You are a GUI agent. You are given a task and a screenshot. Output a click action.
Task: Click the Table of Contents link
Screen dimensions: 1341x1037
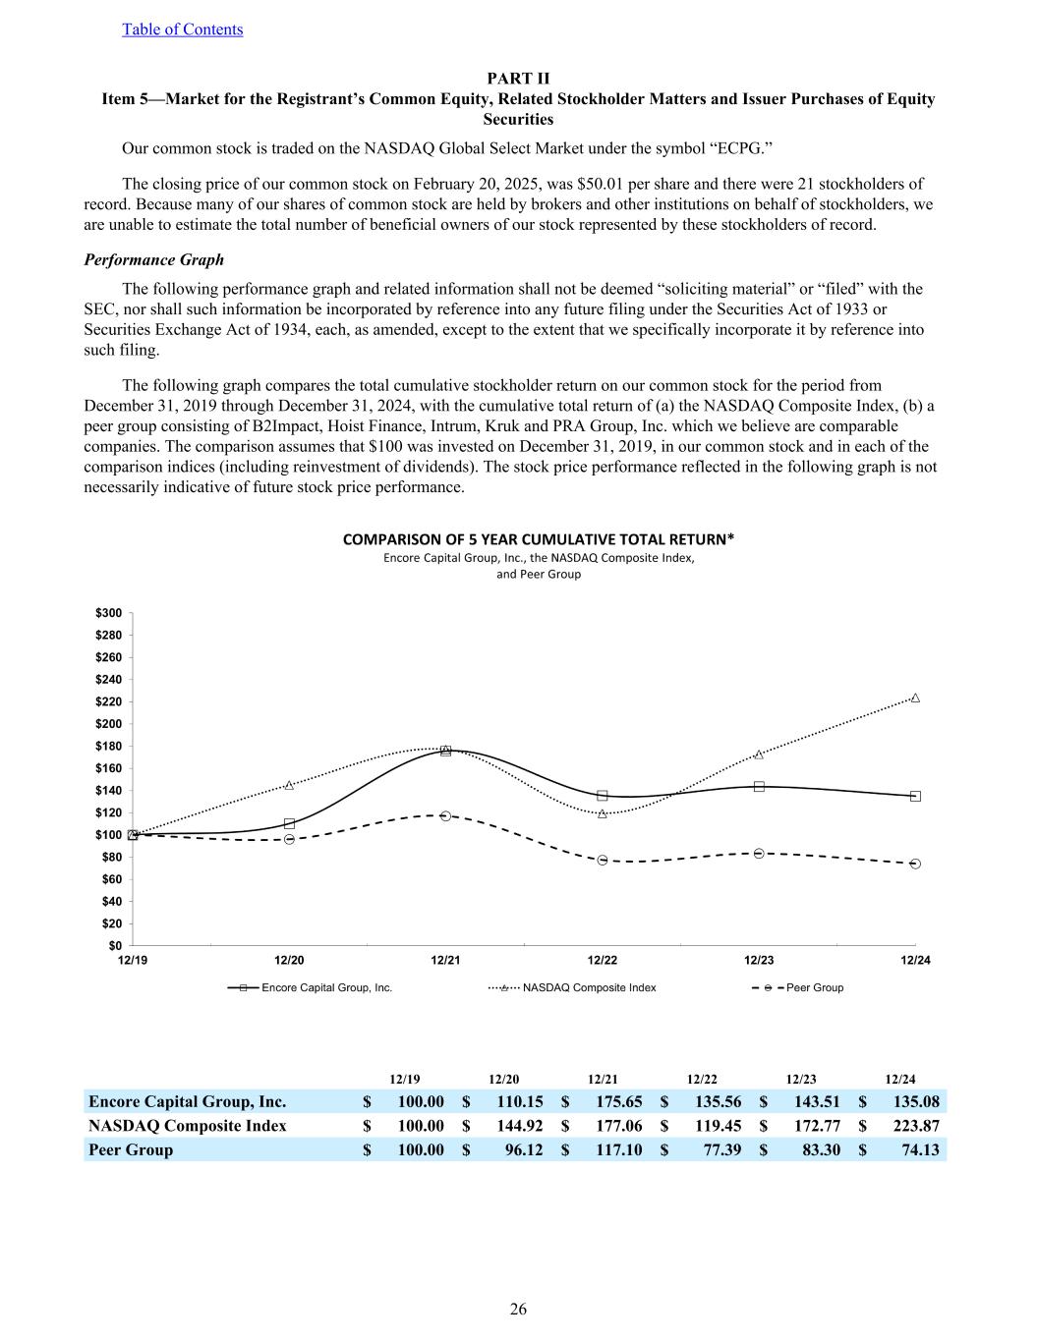pos(182,29)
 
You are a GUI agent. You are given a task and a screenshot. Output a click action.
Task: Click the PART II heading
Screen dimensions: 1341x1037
pos(518,79)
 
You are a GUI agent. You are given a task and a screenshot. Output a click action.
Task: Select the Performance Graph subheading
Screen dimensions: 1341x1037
pos(153,259)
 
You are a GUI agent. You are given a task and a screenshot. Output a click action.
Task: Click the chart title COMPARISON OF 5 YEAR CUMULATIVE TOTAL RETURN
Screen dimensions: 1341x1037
pos(538,539)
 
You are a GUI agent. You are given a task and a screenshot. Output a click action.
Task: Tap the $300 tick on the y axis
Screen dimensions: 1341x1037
pos(109,613)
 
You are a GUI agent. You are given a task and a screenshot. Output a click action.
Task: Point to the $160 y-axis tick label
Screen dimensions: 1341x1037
pos(109,768)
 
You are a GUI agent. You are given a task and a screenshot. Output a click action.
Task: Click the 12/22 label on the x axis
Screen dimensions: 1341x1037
pos(603,960)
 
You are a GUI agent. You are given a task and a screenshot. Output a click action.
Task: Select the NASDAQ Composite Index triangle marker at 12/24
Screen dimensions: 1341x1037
pos(915,698)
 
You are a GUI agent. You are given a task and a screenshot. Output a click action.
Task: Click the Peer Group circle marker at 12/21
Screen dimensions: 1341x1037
pos(445,815)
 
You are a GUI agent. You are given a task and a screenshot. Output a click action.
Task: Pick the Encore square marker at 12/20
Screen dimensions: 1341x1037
pos(289,823)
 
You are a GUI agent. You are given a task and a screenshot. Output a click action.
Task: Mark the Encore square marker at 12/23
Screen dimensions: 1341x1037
pos(759,786)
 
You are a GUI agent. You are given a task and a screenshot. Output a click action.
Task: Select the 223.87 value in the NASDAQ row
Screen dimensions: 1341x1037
pos(913,1126)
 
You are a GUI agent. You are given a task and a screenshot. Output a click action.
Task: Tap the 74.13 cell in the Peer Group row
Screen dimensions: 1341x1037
pos(918,1149)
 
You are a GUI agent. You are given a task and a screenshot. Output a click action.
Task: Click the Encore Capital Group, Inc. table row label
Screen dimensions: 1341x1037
pos(187,1101)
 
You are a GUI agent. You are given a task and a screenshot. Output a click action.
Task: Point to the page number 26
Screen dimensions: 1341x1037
pos(518,1309)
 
